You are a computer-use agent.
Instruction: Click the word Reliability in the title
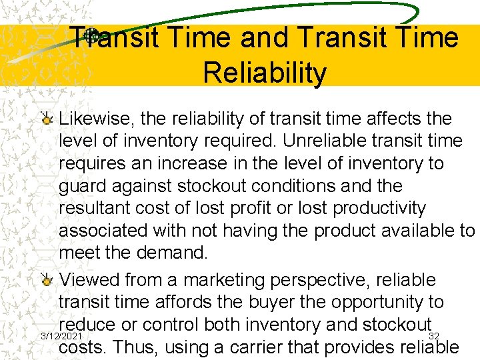[265, 73]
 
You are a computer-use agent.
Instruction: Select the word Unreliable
[320, 141]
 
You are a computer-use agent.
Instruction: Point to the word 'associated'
[107, 231]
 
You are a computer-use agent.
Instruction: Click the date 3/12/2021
[61, 335]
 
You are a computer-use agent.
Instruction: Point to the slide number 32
[433, 335]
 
